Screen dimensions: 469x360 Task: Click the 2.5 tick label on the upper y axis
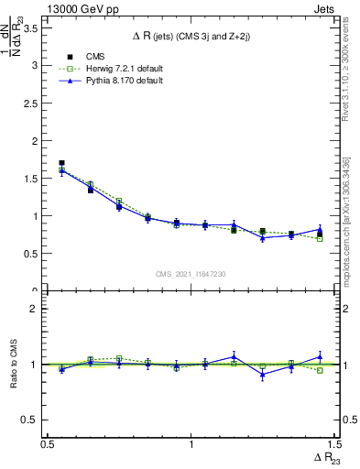click(30, 104)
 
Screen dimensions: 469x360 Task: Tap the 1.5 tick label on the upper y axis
click(30, 179)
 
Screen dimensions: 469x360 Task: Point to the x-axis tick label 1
click(191, 444)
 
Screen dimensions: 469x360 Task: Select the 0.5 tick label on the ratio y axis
click(30, 420)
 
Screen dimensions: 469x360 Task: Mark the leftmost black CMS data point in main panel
click(61, 163)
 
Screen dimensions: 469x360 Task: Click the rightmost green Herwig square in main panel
click(320, 238)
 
